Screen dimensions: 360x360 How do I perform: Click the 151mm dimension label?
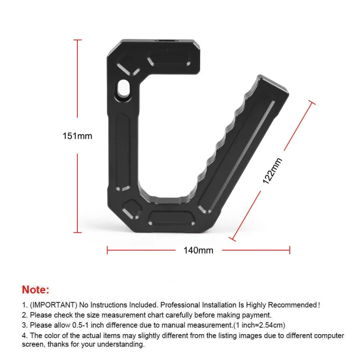tap(77, 136)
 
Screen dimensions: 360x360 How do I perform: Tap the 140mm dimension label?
tap(198, 250)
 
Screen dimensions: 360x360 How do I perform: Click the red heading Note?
tap(36, 289)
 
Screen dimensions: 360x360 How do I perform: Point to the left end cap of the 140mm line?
tap(107, 250)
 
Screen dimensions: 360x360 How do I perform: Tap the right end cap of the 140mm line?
tap(289, 250)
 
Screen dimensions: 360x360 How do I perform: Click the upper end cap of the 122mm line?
tap(311, 103)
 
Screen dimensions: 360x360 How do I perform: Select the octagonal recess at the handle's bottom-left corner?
tap(131, 208)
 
